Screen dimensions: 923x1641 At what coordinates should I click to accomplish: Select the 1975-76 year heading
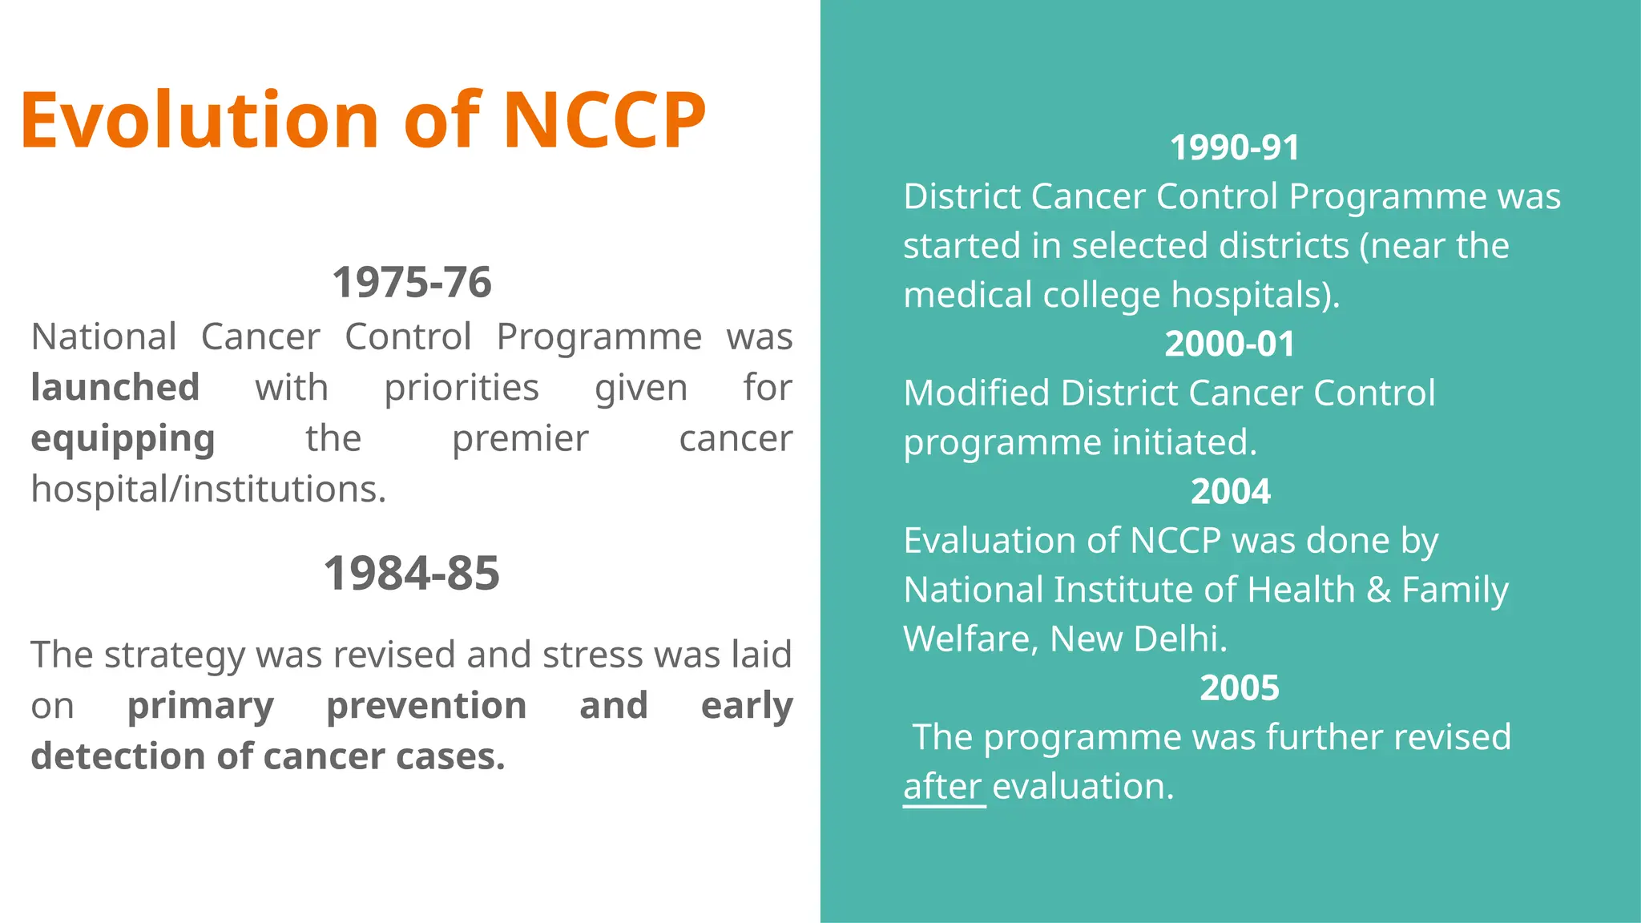click(412, 283)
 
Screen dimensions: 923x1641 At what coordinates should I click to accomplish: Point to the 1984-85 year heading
click(412, 574)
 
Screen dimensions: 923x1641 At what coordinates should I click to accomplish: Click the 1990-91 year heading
click(1235, 147)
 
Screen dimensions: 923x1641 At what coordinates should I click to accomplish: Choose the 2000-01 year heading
click(1230, 344)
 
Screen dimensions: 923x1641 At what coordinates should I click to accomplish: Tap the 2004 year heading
click(1231, 491)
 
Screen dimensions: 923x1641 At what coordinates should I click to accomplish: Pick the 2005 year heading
click(1240, 687)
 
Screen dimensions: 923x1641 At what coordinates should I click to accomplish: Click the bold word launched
click(115, 388)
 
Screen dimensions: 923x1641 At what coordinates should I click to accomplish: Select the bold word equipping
click(123, 439)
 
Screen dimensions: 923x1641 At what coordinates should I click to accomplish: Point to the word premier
click(520, 439)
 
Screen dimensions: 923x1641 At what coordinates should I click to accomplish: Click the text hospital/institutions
click(208, 490)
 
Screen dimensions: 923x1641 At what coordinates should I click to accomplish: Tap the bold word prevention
click(426, 706)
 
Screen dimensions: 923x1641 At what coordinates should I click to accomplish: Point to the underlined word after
click(942, 787)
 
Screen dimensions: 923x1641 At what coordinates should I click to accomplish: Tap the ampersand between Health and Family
click(1378, 590)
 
